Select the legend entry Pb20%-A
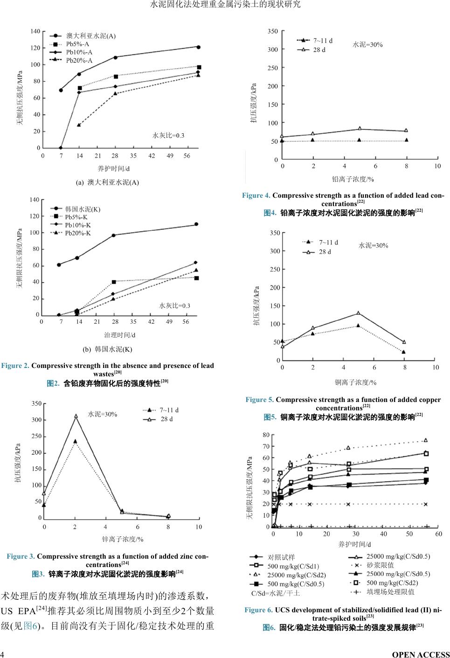(x=79, y=61)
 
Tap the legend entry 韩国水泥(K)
(x=83, y=209)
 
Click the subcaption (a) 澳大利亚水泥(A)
(x=107, y=182)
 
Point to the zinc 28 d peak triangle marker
(x=76, y=416)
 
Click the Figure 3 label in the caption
(x=21, y=556)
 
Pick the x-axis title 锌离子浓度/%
(x=123, y=539)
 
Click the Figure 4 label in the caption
(x=256, y=195)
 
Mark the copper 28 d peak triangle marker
(x=358, y=313)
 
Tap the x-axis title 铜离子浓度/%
(x=355, y=382)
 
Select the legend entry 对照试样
(x=281, y=557)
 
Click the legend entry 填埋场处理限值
(x=390, y=592)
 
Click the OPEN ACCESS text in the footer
(x=421, y=654)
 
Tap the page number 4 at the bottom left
(x=3, y=654)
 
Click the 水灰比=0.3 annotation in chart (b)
(x=175, y=305)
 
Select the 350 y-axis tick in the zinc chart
(x=36, y=403)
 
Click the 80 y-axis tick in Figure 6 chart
(x=266, y=435)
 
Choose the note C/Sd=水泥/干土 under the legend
(x=276, y=593)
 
